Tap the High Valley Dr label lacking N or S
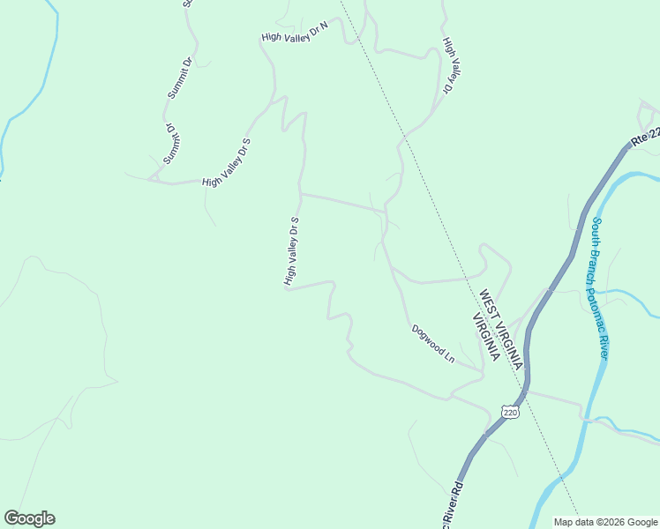click(x=451, y=65)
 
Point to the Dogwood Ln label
click(x=432, y=344)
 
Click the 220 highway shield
click(x=509, y=412)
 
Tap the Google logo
click(x=29, y=518)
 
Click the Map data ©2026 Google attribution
click(x=605, y=521)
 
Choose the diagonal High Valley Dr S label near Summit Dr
click(x=227, y=162)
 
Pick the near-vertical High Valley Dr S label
click(x=292, y=251)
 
